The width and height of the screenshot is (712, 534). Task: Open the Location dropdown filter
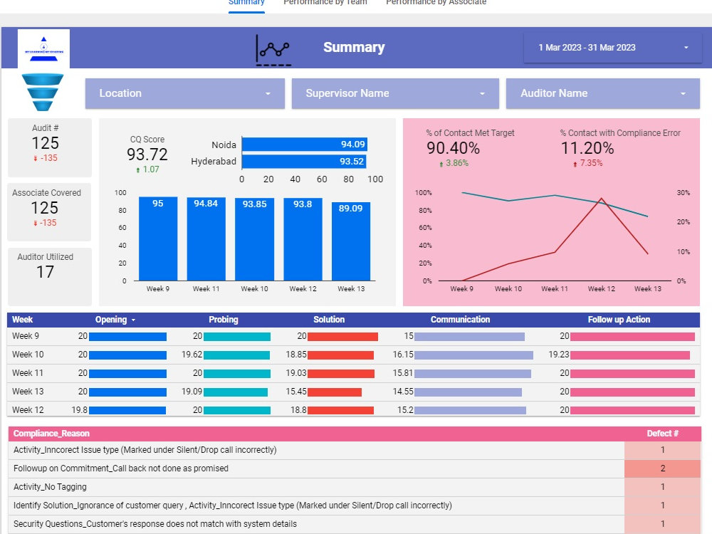tap(184, 93)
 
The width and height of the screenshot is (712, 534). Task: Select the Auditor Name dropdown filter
tap(603, 93)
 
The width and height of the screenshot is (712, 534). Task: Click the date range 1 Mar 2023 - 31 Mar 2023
tap(612, 48)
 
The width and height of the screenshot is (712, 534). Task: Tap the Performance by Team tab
tap(325, 3)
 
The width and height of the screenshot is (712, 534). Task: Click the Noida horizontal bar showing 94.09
tap(305, 145)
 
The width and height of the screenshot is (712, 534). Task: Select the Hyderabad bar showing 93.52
tap(304, 162)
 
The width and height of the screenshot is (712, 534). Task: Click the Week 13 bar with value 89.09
tap(350, 241)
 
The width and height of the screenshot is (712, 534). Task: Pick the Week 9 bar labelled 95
tap(157, 239)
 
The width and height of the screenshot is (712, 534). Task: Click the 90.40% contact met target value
tap(453, 148)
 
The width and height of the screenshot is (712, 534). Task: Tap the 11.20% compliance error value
tap(587, 148)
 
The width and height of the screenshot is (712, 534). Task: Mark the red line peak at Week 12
tap(602, 199)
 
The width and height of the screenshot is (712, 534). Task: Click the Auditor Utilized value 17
tap(45, 272)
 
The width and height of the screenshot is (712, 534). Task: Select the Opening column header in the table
tap(111, 320)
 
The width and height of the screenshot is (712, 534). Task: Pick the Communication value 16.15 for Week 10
tap(403, 355)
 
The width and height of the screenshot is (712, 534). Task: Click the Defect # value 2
tap(662, 468)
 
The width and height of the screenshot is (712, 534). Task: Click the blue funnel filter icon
tap(43, 92)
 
